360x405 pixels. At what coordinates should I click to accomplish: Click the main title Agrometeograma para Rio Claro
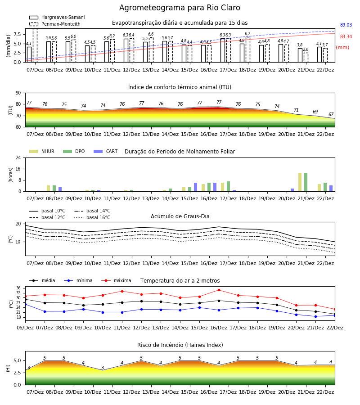click(180, 8)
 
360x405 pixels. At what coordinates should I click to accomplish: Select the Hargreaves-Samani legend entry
click(57, 17)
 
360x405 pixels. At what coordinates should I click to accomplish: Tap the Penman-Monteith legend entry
click(55, 24)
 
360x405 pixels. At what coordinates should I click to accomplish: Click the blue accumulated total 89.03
click(346, 25)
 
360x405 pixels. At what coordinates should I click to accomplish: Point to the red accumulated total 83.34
click(346, 36)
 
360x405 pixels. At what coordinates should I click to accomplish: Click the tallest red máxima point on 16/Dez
click(219, 290)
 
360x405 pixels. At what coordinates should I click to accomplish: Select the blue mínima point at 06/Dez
click(26, 305)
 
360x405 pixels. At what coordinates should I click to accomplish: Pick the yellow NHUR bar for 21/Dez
click(300, 182)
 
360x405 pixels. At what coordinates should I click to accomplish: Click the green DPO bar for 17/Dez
click(228, 186)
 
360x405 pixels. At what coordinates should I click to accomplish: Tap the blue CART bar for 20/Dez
click(292, 190)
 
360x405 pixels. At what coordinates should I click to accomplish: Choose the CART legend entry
click(106, 151)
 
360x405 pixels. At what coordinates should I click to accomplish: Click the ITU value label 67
click(331, 114)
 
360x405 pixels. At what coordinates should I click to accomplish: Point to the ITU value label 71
click(296, 110)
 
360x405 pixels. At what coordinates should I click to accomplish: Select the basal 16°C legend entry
click(92, 217)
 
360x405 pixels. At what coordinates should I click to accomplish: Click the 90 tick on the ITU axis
click(18, 93)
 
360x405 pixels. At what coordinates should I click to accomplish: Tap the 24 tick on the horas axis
click(18, 157)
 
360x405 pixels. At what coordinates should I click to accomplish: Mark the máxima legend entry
click(116, 280)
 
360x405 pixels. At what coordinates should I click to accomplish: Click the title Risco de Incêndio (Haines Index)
click(180, 345)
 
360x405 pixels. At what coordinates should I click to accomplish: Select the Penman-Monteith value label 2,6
click(306, 49)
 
